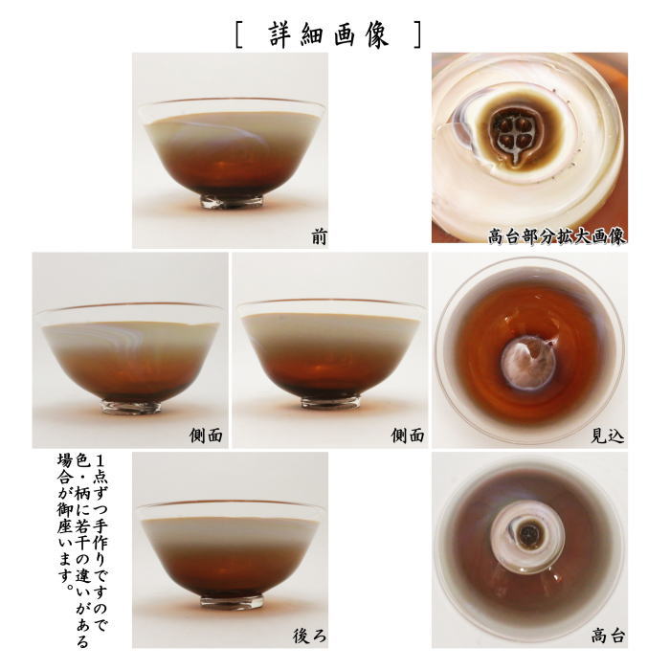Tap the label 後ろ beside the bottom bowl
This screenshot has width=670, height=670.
[x=307, y=635]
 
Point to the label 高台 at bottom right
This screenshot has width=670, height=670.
[x=607, y=635]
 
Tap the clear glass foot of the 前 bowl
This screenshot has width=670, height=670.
[x=231, y=202]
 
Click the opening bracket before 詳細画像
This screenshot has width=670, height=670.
[x=238, y=33]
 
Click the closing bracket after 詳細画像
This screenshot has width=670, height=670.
[x=415, y=33]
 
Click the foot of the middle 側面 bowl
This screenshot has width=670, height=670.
[x=330, y=402]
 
